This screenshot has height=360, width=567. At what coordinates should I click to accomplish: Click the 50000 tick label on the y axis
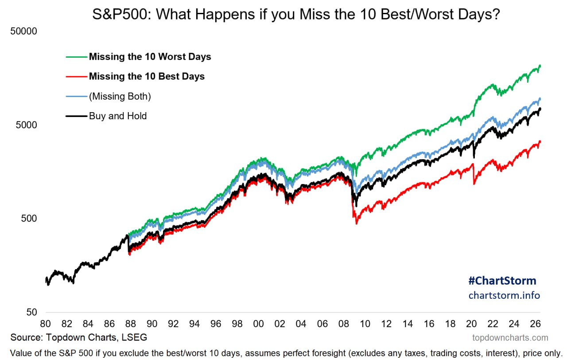click(23, 31)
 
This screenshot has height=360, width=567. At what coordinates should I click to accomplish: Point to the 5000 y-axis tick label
click(26, 125)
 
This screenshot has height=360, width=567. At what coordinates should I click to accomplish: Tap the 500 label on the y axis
click(29, 219)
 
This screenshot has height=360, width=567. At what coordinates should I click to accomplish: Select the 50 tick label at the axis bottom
click(31, 312)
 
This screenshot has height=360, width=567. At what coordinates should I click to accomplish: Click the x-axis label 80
click(46, 324)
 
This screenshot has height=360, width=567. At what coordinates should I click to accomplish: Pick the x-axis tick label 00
click(258, 324)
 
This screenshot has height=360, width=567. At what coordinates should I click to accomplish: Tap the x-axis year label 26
click(536, 324)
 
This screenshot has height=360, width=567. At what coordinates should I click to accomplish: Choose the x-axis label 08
click(344, 324)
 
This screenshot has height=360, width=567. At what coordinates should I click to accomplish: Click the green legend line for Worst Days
click(77, 57)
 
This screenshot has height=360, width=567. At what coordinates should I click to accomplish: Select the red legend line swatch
click(77, 77)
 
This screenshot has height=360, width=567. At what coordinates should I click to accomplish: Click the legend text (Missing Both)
click(120, 96)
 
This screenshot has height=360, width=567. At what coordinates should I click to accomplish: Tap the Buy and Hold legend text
click(118, 116)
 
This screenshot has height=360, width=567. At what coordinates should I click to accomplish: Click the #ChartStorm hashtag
click(502, 281)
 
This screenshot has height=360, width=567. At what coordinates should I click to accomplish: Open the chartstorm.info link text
click(504, 295)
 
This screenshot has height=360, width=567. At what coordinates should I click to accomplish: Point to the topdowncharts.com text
click(510, 338)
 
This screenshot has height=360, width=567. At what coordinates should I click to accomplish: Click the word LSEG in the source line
click(134, 337)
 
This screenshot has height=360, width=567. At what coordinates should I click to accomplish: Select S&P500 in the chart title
click(120, 14)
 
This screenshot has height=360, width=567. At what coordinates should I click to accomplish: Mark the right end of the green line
click(540, 66)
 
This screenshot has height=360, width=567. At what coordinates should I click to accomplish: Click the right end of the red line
click(540, 141)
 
